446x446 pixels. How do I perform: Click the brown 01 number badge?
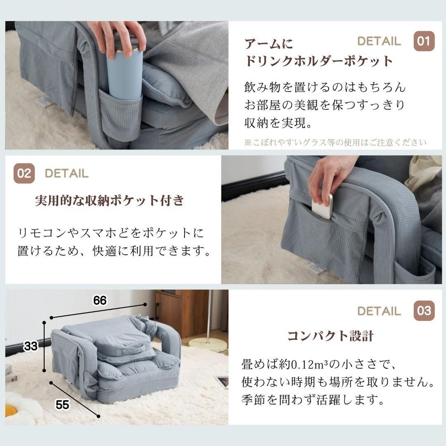tap(424, 41)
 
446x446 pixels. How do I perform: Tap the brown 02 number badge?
tap(24, 173)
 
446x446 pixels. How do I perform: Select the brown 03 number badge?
tap(424, 311)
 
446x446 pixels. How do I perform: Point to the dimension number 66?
tap(100, 301)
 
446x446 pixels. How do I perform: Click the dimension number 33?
tap(31, 346)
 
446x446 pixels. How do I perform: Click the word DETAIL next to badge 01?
tap(379, 41)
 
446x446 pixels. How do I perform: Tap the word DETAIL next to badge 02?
tap(66, 173)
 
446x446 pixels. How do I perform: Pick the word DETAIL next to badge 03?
tap(379, 311)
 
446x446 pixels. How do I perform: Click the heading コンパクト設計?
tap(330, 336)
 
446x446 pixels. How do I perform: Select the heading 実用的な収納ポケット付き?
tap(109, 201)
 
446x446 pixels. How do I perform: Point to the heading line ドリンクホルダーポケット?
tap(318, 62)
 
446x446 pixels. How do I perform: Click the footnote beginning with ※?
tap(335, 142)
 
